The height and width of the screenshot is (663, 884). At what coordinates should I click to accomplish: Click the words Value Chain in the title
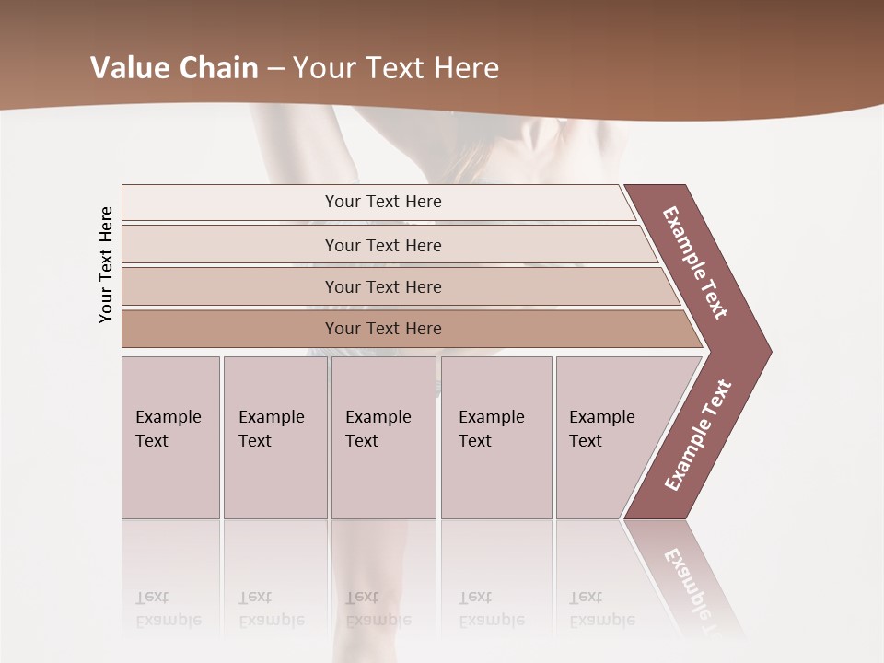(173, 68)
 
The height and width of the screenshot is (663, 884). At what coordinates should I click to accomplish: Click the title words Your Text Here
(396, 68)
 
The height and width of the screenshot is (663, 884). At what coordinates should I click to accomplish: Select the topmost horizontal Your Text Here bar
(383, 202)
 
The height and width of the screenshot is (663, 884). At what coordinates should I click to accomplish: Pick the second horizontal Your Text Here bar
(383, 245)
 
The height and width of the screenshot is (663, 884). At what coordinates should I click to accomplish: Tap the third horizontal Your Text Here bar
(383, 286)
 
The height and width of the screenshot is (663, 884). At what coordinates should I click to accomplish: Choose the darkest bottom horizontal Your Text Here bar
(383, 329)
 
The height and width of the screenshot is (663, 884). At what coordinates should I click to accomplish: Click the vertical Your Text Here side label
(106, 264)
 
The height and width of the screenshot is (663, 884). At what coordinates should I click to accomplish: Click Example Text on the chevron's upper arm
(695, 262)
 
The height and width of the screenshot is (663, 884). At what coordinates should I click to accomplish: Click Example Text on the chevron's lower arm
(698, 436)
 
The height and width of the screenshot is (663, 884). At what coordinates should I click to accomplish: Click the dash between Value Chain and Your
(275, 69)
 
